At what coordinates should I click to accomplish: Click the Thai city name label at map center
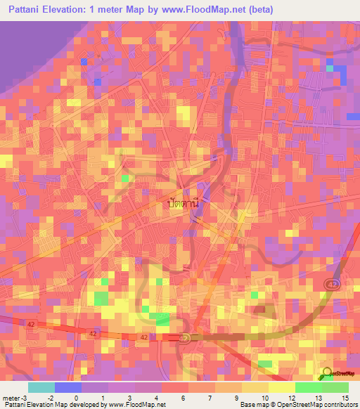click(x=183, y=202)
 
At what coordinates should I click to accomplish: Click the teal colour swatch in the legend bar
click(x=41, y=387)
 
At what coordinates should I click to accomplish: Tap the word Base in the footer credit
click(x=245, y=405)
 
